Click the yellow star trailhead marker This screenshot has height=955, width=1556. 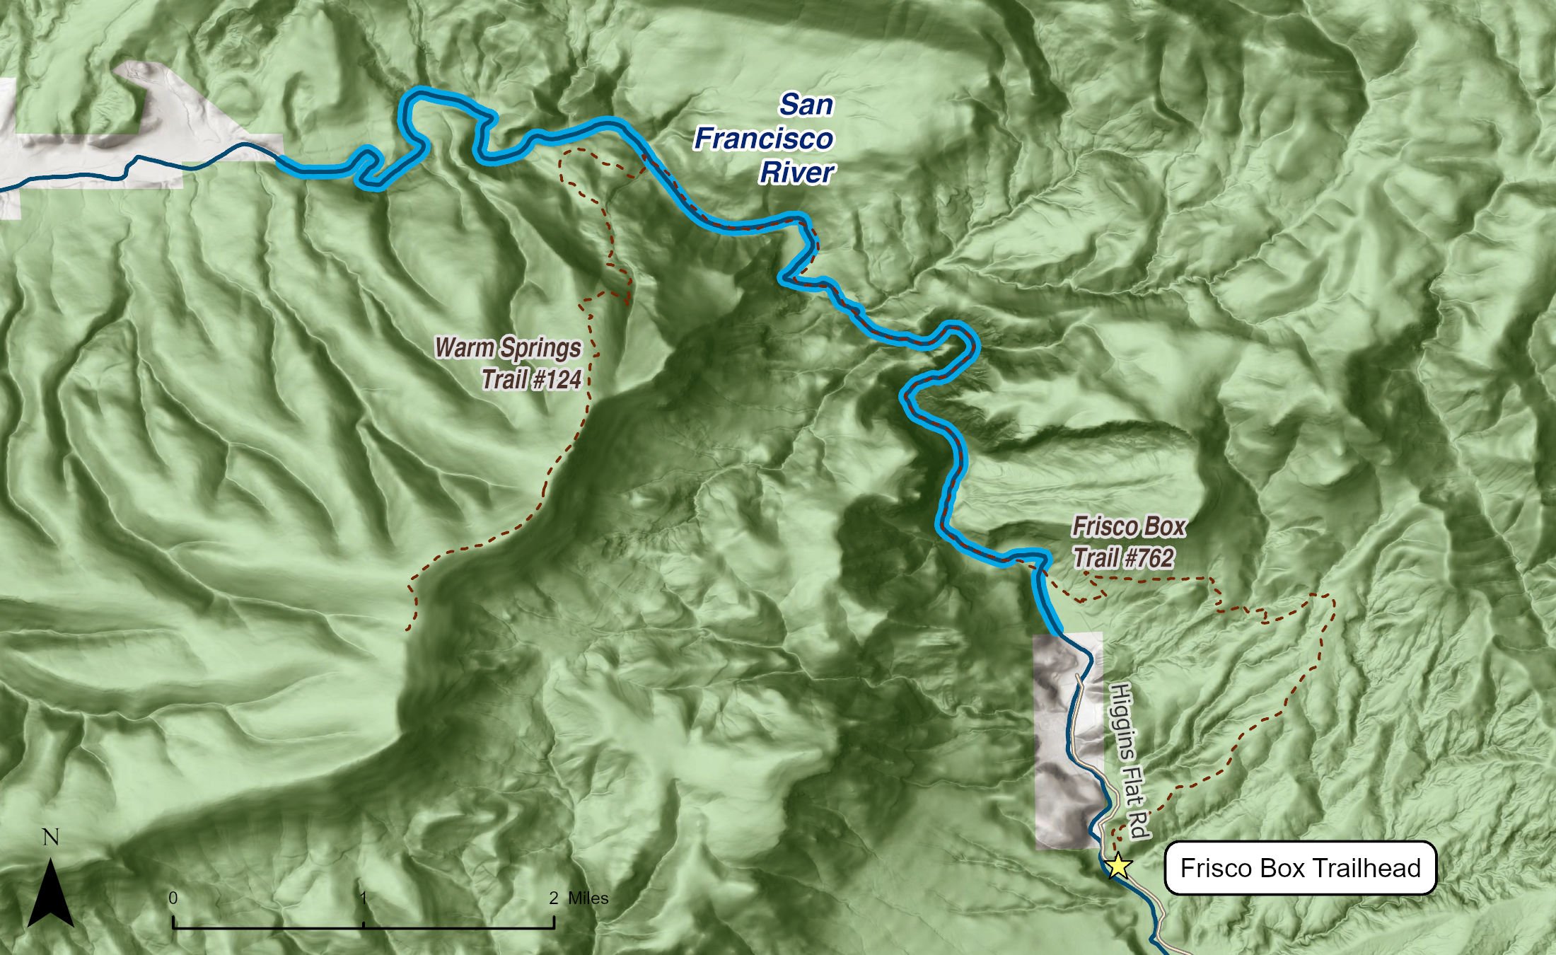click(x=1117, y=866)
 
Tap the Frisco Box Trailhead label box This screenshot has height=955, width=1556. click(x=1300, y=868)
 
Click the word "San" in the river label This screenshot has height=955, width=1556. click(x=806, y=105)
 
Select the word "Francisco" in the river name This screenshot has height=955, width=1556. click(x=764, y=139)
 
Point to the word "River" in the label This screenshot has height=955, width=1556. click(x=797, y=173)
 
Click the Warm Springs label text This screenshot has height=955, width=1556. click(x=508, y=348)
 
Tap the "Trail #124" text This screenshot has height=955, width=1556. click(x=531, y=380)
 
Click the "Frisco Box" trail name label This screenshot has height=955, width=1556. click(x=1129, y=527)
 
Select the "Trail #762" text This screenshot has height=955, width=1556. click(x=1124, y=559)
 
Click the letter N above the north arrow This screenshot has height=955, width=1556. click(x=51, y=838)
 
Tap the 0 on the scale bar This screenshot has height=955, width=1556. click(x=173, y=898)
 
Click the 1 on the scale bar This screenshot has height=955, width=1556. click(x=364, y=898)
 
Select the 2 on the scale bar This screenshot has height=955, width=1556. click(x=554, y=898)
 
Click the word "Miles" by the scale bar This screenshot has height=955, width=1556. click(x=588, y=898)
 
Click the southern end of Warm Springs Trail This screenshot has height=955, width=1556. click(x=407, y=628)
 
